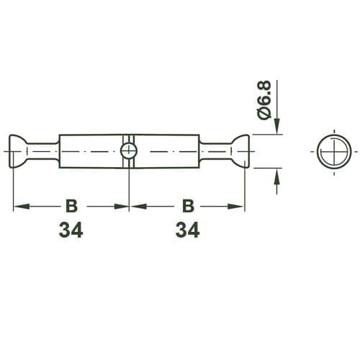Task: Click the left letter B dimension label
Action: [71, 206]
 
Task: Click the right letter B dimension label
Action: [187, 206]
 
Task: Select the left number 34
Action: [71, 230]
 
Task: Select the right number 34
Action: [187, 230]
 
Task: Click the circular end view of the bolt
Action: [333, 151]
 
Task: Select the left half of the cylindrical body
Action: [90, 151]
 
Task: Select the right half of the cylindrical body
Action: [167, 151]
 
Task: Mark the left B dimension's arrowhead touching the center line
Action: [123, 206]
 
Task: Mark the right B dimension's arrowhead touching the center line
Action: [135, 206]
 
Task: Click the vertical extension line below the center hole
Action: [129, 187]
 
